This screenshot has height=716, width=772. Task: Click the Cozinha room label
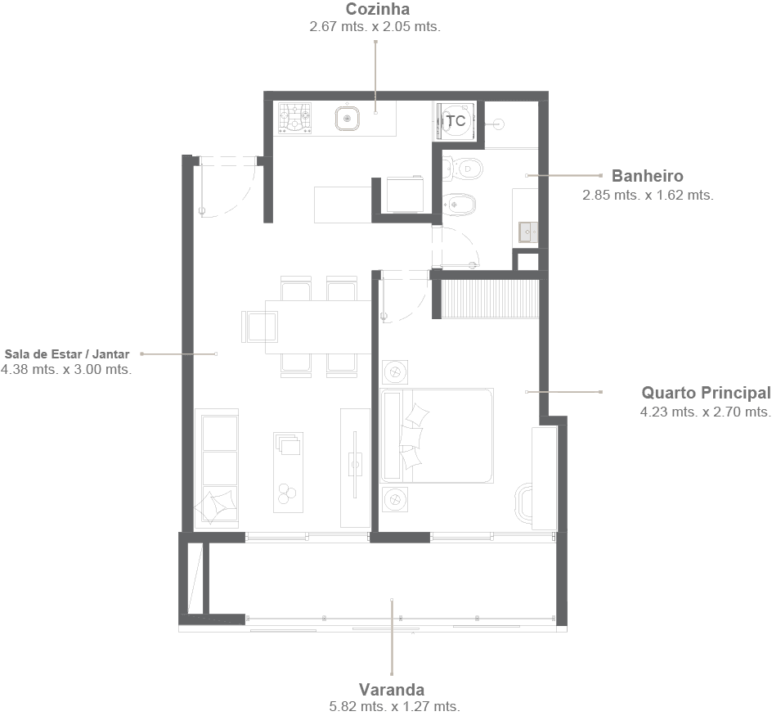pos(377,10)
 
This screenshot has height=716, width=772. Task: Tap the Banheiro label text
pos(647,176)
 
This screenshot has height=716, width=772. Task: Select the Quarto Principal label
pos(705,393)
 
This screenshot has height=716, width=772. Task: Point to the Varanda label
pos(391,689)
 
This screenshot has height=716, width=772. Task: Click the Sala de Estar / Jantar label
pos(67,354)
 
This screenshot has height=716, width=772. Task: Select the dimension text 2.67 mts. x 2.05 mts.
pos(375,27)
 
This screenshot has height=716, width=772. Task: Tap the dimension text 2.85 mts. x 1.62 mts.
pos(648,196)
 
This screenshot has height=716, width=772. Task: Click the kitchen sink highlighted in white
pos(348,119)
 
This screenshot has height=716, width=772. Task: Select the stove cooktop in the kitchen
pos(295,119)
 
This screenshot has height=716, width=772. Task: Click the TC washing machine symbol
pos(456,121)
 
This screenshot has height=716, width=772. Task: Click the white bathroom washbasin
pos(528,232)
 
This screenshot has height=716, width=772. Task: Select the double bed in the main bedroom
pos(447,435)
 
